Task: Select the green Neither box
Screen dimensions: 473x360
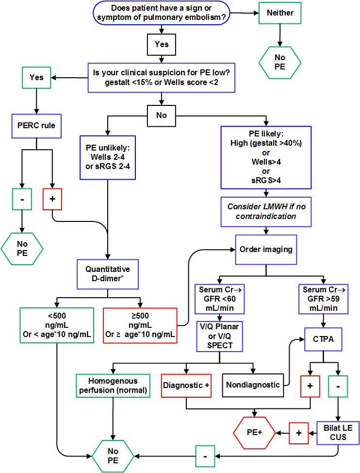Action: [280, 13]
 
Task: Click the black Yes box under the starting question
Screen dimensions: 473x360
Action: [162, 44]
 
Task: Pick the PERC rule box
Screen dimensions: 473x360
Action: [34, 126]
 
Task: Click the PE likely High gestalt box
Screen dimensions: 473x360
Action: [266, 157]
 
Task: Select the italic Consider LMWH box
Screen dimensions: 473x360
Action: [266, 212]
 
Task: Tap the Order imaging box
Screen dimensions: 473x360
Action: [266, 249]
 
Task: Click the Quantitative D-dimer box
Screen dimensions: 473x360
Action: [108, 273]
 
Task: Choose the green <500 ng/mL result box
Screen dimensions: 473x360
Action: [57, 325]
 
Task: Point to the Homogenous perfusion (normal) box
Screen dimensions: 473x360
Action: [113, 386]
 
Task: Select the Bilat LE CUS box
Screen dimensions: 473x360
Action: [338, 432]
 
